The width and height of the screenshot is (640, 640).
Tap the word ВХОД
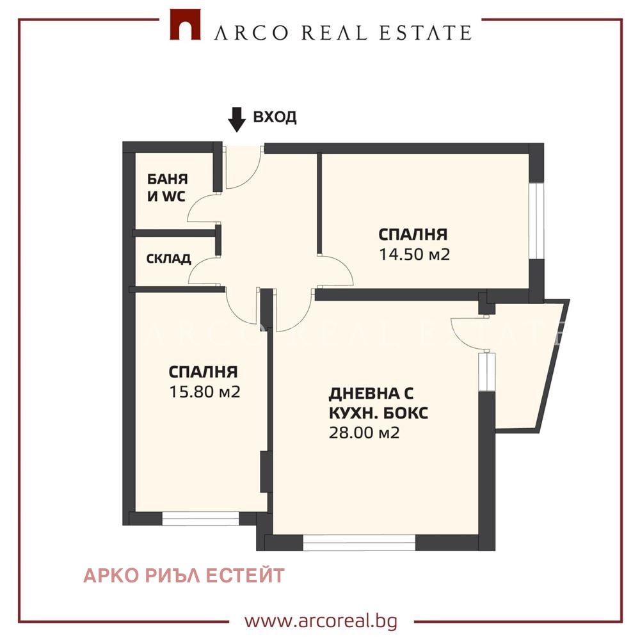pos(275,117)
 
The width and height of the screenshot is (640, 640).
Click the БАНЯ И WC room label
pos(167,188)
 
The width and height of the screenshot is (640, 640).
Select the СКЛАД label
pos(168,259)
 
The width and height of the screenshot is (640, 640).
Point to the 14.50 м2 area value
pos(414,254)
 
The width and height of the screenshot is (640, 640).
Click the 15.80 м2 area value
pos(205,392)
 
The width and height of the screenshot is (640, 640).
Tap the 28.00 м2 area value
pos(364,433)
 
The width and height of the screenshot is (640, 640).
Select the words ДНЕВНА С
pos(371,394)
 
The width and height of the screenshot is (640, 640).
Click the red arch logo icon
pos(185,24)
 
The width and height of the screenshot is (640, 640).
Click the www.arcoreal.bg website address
pos(321,621)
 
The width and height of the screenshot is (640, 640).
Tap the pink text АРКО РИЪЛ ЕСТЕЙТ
pos(184,576)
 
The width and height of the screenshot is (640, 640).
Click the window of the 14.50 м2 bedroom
pos(536,221)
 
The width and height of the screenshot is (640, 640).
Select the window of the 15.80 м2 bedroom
pos(200,518)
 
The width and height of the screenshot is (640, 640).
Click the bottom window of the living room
pos(359,543)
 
